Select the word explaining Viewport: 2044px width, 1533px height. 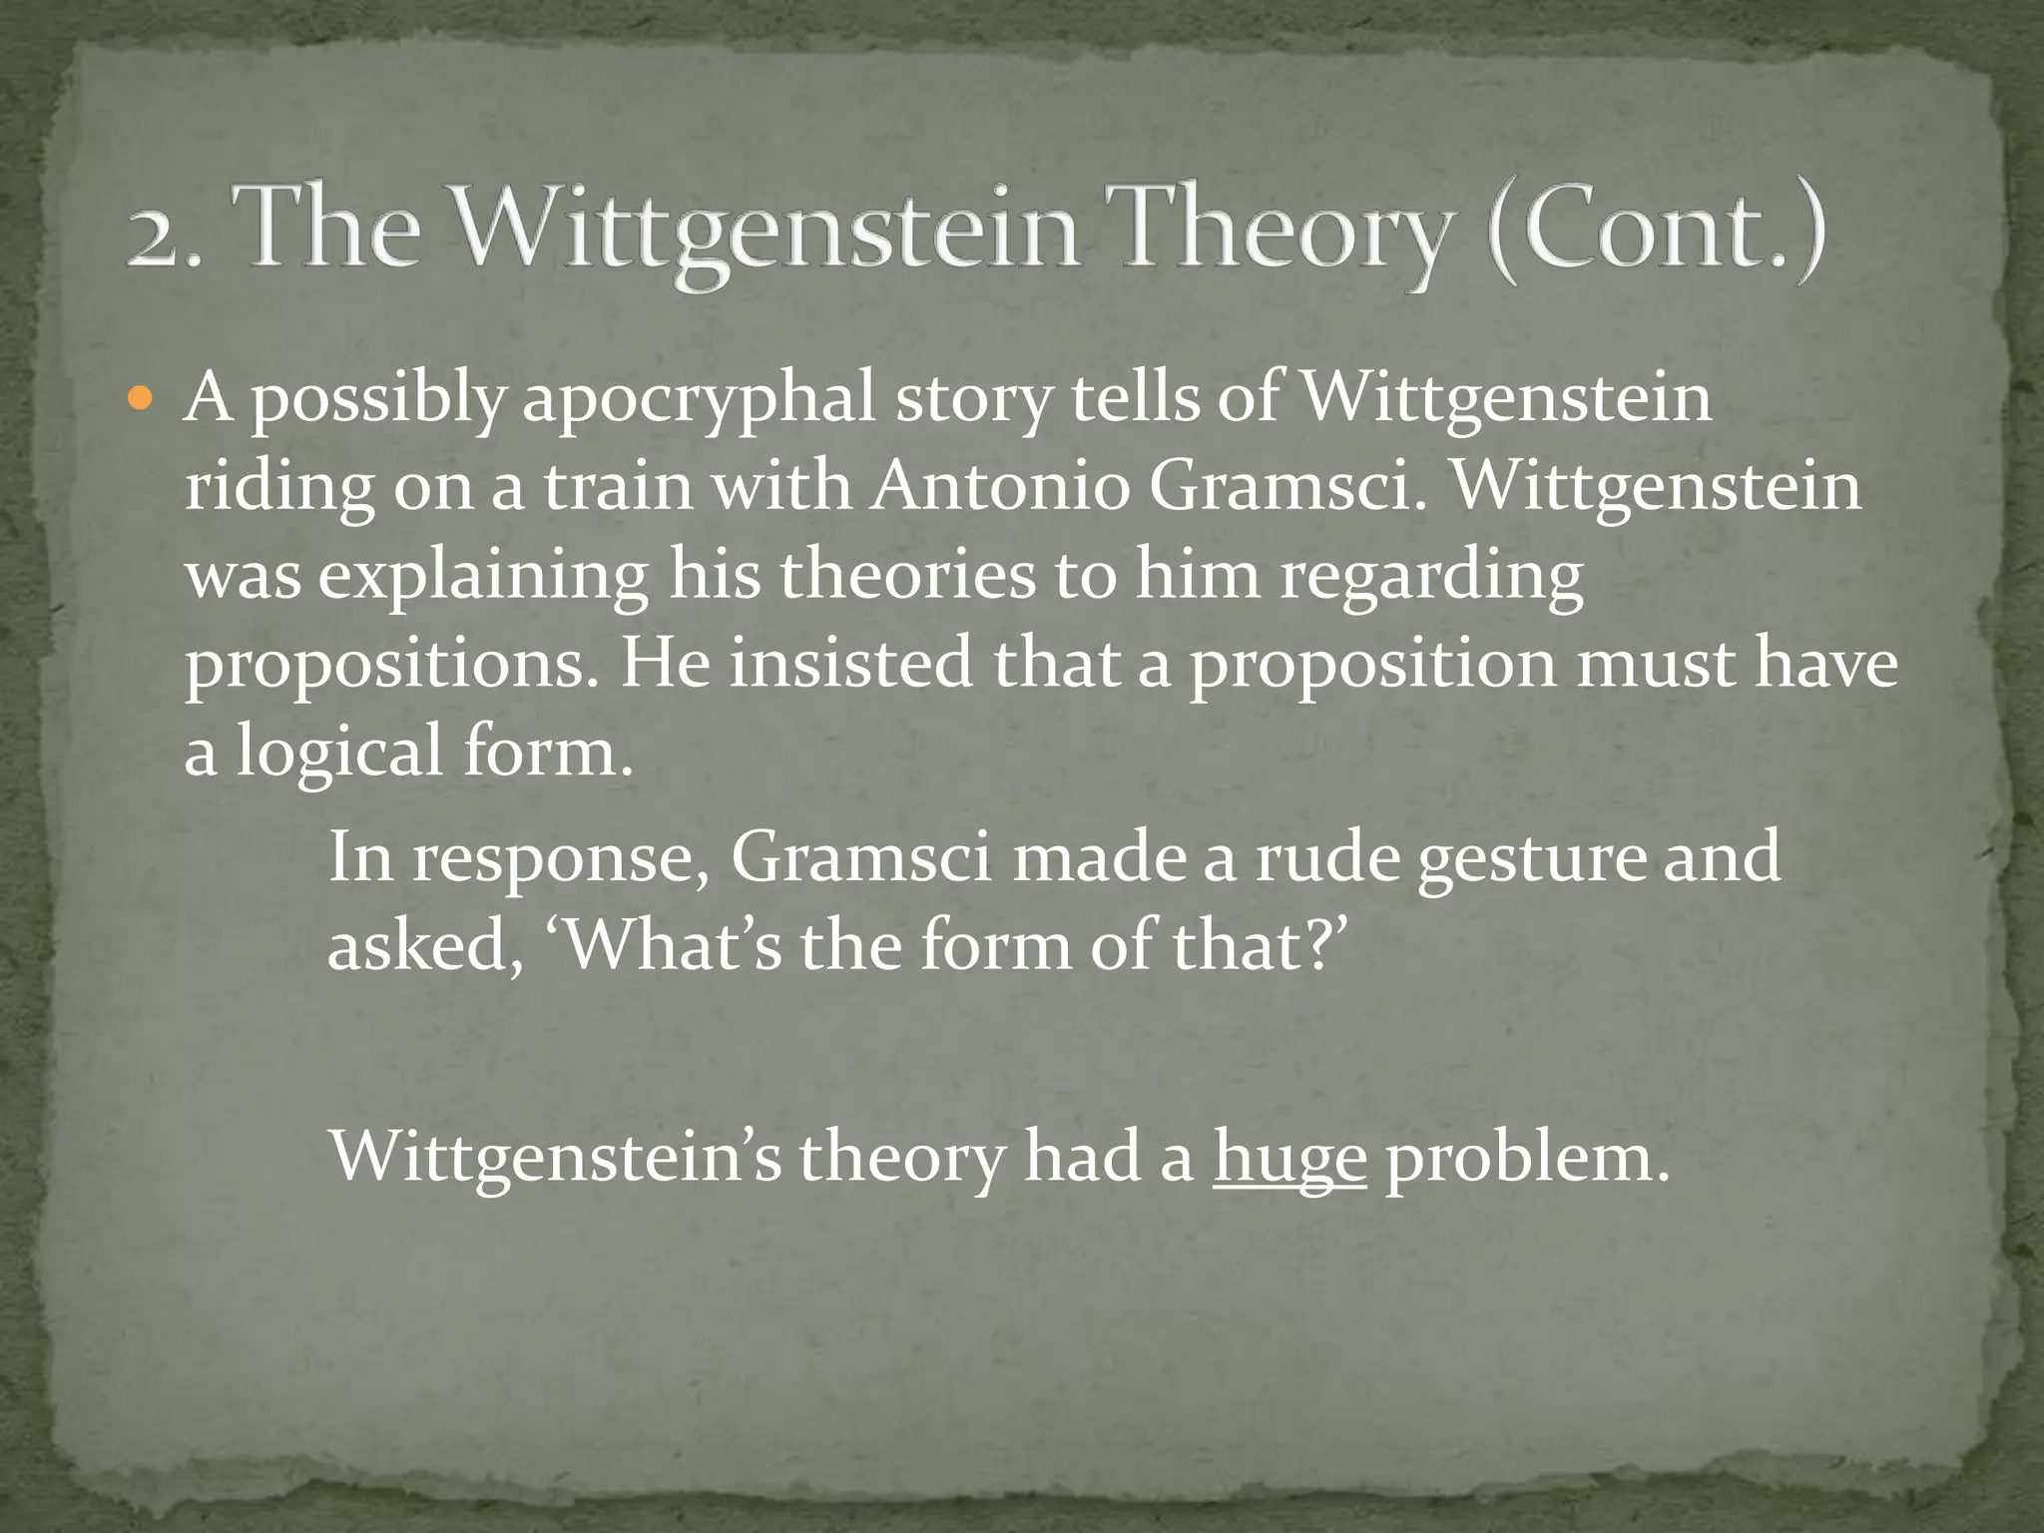(484, 576)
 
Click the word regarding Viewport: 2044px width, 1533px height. (1431, 576)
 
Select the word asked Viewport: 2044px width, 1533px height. (419, 944)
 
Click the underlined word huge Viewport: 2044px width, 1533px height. (1289, 1159)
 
